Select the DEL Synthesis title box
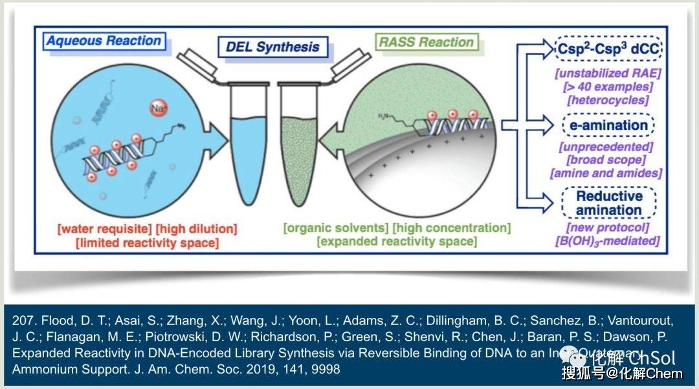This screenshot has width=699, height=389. click(272, 47)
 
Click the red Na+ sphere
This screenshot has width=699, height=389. click(158, 107)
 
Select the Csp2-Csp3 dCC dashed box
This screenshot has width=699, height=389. click(608, 48)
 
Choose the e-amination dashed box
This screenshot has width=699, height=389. click(608, 125)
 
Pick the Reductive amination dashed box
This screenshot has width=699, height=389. click(609, 203)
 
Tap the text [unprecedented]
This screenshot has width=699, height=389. click(606, 147)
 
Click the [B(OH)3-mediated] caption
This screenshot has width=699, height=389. click(606, 241)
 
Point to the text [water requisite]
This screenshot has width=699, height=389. click(100, 229)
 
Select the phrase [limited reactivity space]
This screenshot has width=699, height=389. click(147, 243)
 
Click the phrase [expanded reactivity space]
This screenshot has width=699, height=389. click(397, 242)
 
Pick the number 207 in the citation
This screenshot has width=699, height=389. click(22, 321)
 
